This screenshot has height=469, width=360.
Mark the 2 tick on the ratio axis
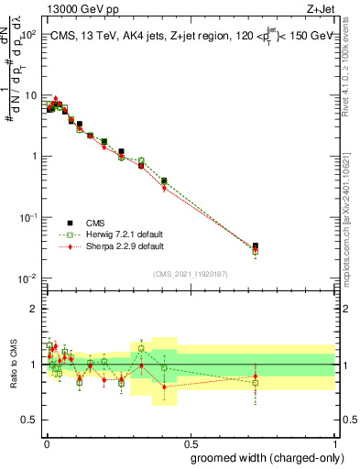(36, 309)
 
